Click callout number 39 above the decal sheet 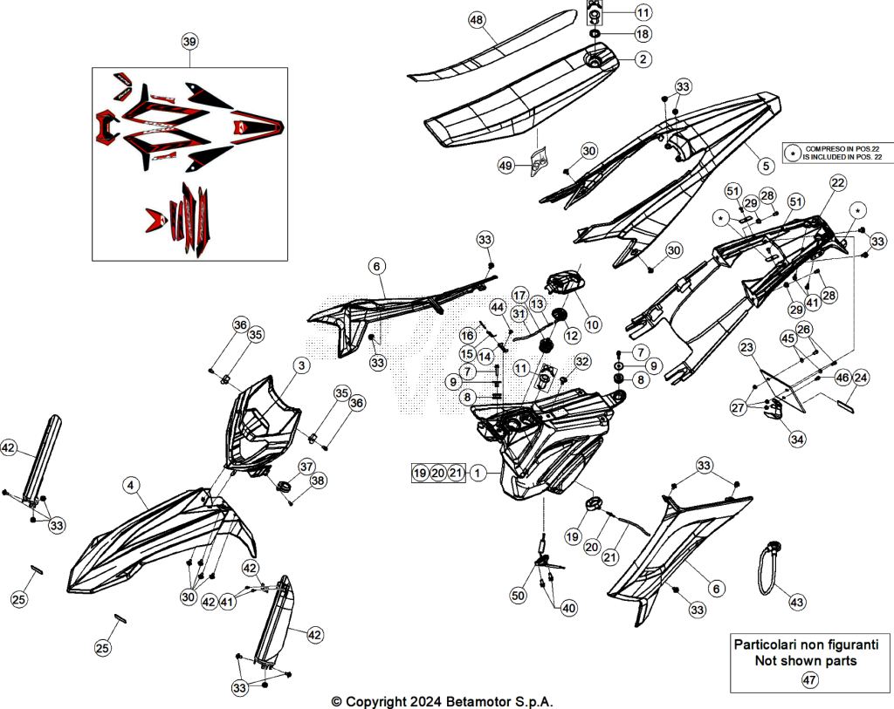coord(189,42)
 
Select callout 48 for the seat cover coord(477,20)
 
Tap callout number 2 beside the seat coord(643,58)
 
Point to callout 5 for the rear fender coord(766,166)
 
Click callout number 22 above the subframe coord(837,183)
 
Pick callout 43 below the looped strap coord(796,602)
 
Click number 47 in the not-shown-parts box coord(809,679)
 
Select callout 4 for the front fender coord(131,485)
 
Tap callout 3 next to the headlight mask coord(301,365)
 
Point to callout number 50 coord(518,596)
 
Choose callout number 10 coord(593,324)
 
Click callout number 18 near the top coord(643,34)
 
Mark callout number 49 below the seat coord(505,166)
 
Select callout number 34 coord(797,439)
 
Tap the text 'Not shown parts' coord(806,660)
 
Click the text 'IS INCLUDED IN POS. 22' coord(842,157)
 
